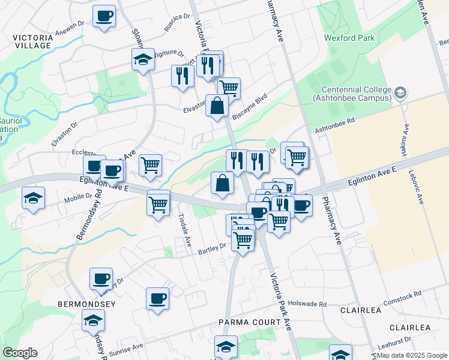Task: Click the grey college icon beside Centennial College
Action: pyautogui.click(x=400, y=93)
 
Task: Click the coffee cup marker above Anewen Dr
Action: pyautogui.click(x=104, y=16)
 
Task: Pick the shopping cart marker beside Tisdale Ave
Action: pyautogui.click(x=158, y=205)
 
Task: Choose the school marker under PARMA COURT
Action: pyautogui.click(x=226, y=346)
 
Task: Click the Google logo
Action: pyautogui.click(x=20, y=353)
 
